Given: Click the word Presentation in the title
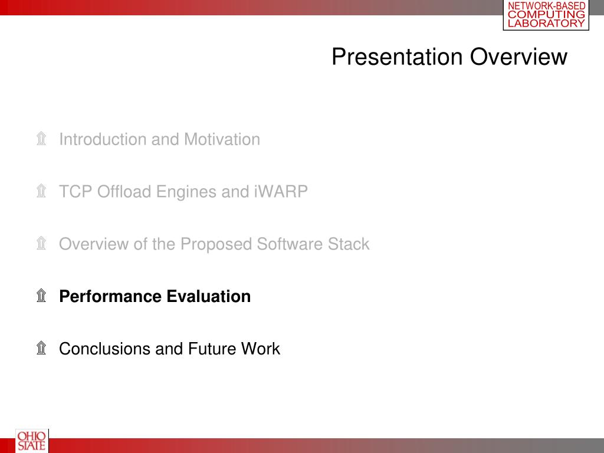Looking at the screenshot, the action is (x=397, y=57).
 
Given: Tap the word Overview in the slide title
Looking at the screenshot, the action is (x=518, y=57).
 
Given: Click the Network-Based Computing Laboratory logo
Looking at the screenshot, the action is (x=546, y=15).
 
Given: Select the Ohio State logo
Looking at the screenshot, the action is (x=32, y=441).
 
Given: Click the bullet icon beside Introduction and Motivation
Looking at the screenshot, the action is (x=42, y=139).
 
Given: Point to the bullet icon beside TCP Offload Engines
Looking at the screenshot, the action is (x=42, y=191).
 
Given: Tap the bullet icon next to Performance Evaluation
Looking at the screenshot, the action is (x=42, y=296).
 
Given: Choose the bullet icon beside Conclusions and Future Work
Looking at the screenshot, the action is (x=42, y=348).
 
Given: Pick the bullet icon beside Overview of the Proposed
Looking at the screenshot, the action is (x=42, y=244).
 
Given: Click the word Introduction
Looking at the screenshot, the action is (x=103, y=139).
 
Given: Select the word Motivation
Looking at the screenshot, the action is (x=222, y=139).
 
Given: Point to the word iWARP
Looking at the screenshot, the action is (x=281, y=192).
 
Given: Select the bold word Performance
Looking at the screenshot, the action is (x=110, y=296).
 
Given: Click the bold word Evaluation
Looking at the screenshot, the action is (x=208, y=296).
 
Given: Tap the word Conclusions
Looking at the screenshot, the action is (x=105, y=349).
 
